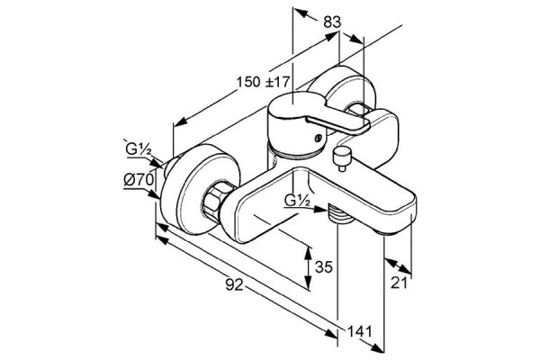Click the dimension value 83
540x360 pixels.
[x=332, y=22]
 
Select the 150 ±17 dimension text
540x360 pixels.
[x=263, y=82]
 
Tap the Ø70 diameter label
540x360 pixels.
[x=139, y=179]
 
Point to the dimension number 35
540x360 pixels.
[x=324, y=266]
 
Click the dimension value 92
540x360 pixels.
[x=235, y=284]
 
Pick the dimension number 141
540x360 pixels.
[x=359, y=331]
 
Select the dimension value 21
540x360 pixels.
[x=399, y=283]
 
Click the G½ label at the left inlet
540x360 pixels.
[x=138, y=149]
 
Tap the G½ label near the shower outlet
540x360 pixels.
[x=298, y=200]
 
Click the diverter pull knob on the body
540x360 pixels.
[x=341, y=157]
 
